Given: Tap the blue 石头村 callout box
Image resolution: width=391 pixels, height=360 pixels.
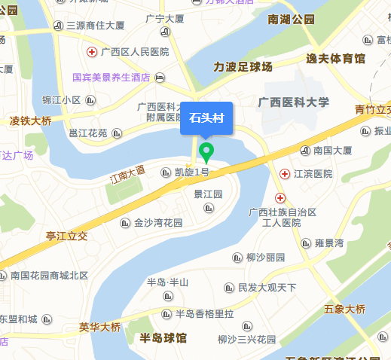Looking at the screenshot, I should (x=207, y=118).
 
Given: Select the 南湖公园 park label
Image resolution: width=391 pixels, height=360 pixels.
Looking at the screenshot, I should (x=291, y=20).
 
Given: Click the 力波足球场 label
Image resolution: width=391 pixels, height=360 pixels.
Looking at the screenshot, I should (x=243, y=66).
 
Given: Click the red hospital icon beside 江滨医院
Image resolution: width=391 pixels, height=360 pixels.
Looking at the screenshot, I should (x=284, y=174).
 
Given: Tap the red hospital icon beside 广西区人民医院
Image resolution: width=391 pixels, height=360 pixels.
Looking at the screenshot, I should (x=92, y=52).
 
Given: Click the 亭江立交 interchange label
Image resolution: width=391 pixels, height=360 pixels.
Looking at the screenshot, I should (x=66, y=236).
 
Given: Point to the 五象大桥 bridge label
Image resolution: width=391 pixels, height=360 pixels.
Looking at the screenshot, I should (x=344, y=309).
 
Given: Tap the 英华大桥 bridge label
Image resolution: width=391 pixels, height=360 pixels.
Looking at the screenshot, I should (x=99, y=327).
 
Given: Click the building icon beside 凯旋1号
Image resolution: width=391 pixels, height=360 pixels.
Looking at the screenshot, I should (x=166, y=172).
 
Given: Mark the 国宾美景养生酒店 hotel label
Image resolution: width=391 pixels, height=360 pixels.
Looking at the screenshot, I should (x=112, y=77).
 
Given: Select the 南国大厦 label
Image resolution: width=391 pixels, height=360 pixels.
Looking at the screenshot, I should (x=332, y=151).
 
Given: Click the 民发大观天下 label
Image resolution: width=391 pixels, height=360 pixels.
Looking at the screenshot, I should (x=267, y=287).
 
